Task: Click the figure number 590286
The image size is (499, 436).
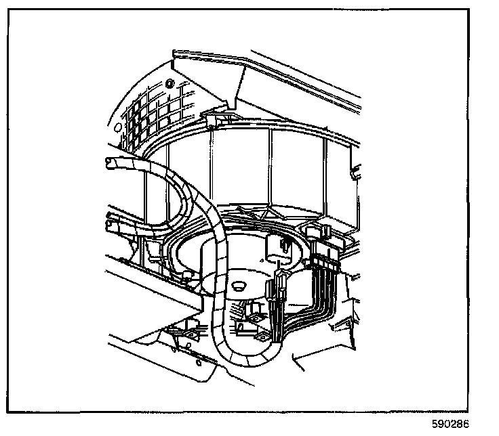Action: pos(449,425)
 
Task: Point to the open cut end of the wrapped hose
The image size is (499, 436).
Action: pos(110,160)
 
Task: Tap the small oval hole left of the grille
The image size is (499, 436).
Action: pos(117,127)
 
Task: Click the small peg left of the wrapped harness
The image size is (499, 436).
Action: pos(184,274)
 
